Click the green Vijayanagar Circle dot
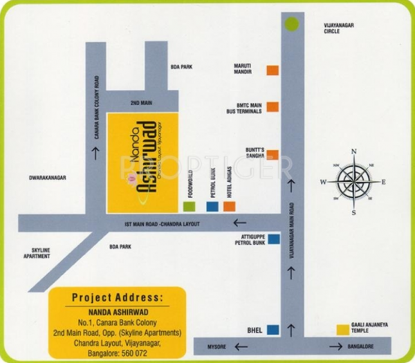pos(292,24)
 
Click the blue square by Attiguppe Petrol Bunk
pos(274,239)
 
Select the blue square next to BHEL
pos(274,330)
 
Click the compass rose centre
pos(353,181)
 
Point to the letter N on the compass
pos(353,151)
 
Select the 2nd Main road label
pos(140,102)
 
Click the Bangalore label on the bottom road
pos(360,346)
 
